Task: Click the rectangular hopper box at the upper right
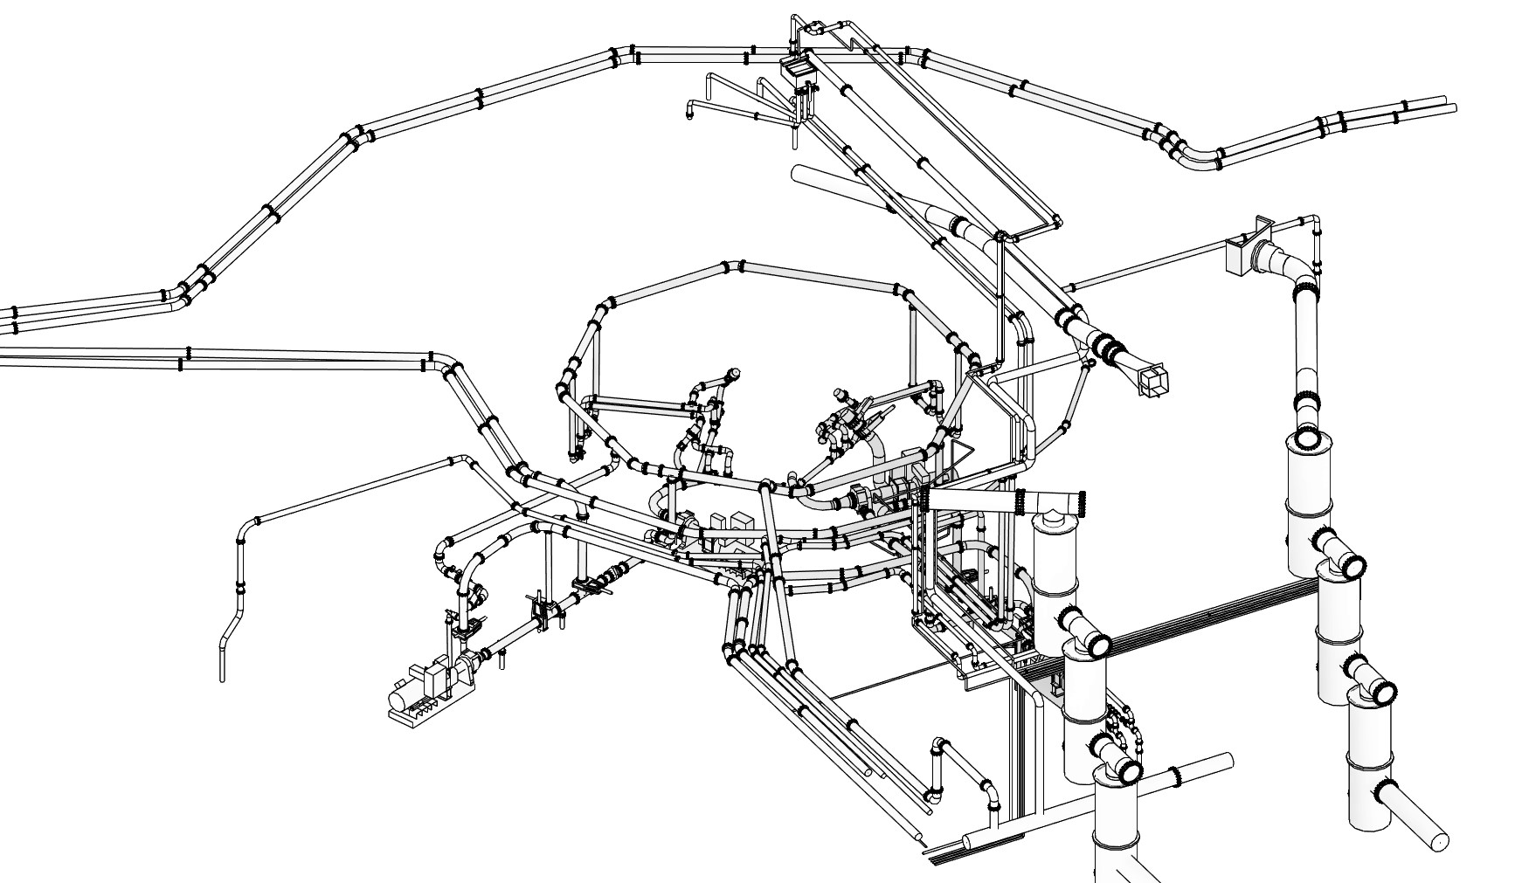tap(1242, 253)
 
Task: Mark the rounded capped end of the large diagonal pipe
tap(797, 173)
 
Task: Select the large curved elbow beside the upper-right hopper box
tap(1284, 262)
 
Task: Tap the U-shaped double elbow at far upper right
tap(1193, 155)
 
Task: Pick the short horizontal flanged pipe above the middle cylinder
tap(1005, 501)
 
